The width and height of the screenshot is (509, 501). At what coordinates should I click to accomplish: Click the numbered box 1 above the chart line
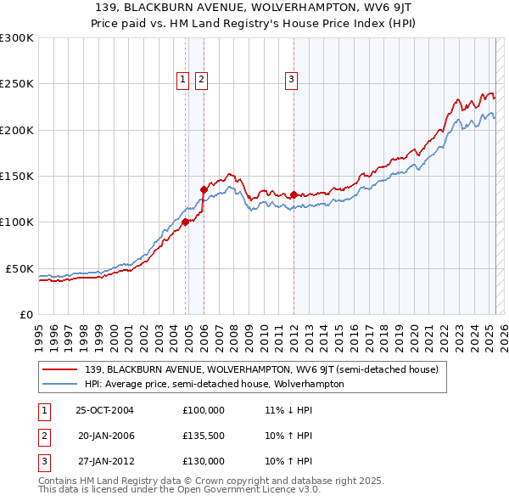click(182, 80)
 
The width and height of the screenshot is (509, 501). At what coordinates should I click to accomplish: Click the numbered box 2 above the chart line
click(201, 80)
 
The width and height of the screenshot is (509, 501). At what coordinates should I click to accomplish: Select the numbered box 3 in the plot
click(291, 80)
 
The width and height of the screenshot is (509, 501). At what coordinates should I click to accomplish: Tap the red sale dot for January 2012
click(294, 194)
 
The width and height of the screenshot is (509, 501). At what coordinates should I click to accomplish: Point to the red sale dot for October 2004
click(185, 222)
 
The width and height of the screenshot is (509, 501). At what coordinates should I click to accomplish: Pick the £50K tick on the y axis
click(20, 268)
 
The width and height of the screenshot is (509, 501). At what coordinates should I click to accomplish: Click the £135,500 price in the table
click(203, 436)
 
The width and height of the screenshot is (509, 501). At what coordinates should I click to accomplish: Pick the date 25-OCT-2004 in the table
click(104, 410)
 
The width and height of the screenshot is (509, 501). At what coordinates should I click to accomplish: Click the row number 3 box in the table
click(42, 461)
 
